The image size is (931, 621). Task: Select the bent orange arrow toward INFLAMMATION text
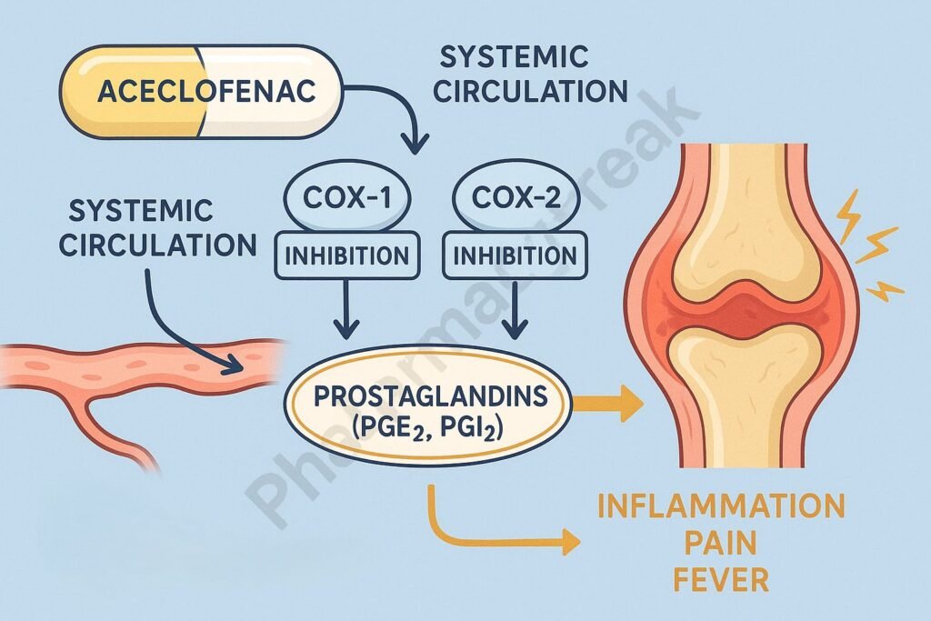pyautogui.click(x=473, y=536)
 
